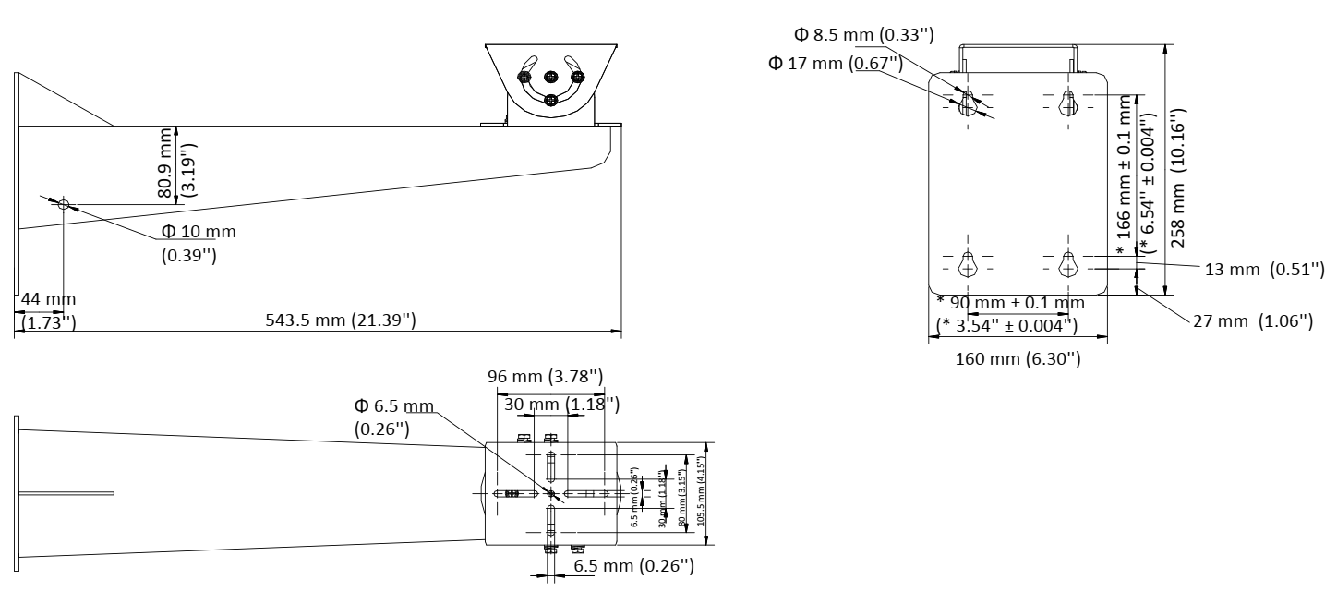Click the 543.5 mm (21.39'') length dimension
coord(338,320)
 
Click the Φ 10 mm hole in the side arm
coord(64,203)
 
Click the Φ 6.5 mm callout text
coord(394,406)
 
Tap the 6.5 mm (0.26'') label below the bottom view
coord(633,566)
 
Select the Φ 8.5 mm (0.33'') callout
coord(863,35)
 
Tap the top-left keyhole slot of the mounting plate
coord(968,103)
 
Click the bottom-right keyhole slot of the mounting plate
coord(1068,265)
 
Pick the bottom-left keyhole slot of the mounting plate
coord(968,265)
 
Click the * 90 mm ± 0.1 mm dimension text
coord(1010,304)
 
